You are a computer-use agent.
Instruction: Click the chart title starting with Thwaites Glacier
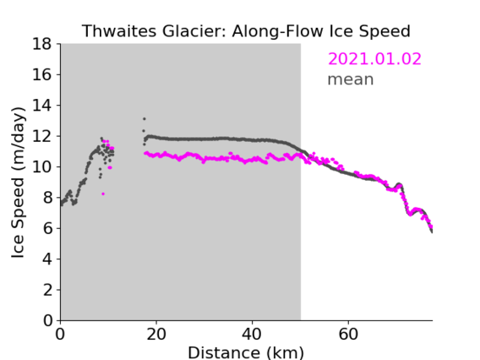[x=246, y=31]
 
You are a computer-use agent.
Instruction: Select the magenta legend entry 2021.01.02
[x=374, y=59]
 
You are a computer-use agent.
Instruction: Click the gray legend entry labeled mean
[x=351, y=79]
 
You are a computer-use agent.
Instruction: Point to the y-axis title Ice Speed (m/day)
[x=18, y=183]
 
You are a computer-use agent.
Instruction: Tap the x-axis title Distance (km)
[x=246, y=352]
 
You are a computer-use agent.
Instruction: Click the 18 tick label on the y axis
[x=42, y=44]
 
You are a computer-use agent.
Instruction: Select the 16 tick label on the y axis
[x=42, y=74]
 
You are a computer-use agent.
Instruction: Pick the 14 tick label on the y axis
[x=42, y=106]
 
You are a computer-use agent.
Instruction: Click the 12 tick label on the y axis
[x=42, y=136]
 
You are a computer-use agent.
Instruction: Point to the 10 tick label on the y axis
[x=42, y=167]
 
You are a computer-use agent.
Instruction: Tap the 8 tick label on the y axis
[x=47, y=198]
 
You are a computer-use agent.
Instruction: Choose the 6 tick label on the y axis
[x=47, y=229]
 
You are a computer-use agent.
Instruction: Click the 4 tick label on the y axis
[x=47, y=259]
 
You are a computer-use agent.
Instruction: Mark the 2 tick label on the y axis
[x=47, y=290]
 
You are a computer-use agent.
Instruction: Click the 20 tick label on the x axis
[x=156, y=334]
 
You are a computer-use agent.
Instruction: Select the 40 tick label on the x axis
[x=252, y=334]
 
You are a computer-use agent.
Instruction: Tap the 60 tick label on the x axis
[x=348, y=334]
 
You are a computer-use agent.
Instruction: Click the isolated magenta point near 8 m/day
[x=103, y=194]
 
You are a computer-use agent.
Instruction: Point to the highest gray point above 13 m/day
[x=145, y=119]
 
